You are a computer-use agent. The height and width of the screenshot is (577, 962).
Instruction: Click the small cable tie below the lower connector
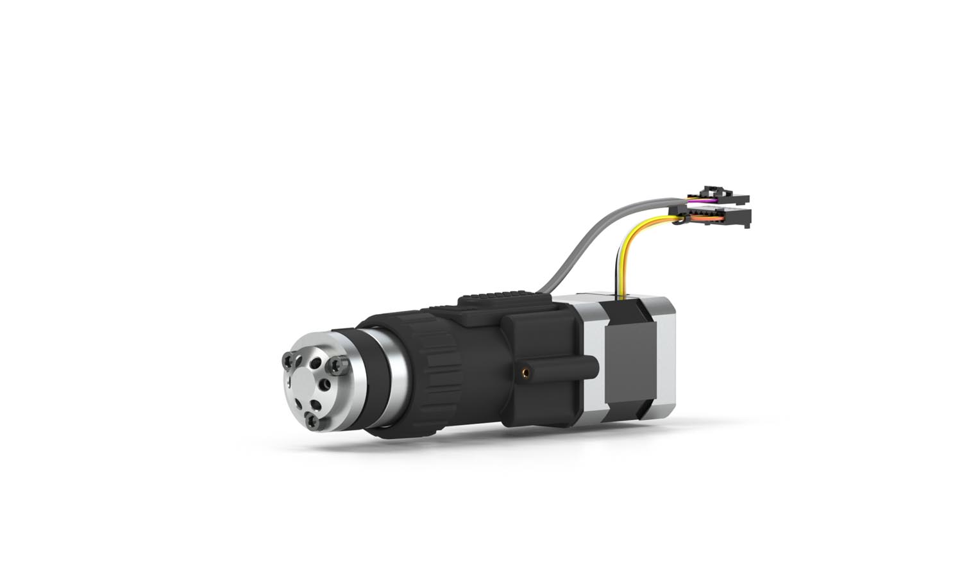point(679,224)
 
